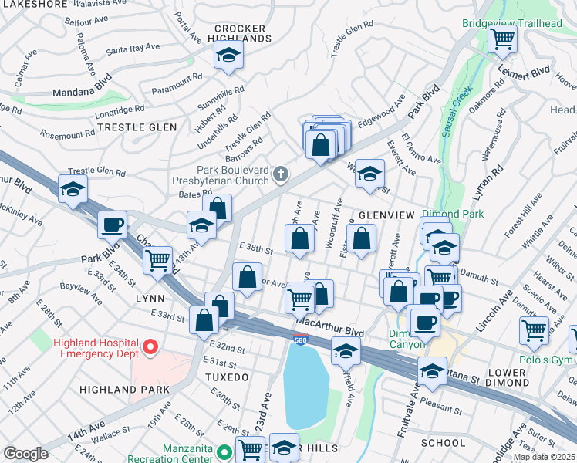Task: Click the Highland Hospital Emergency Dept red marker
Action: click(151, 348)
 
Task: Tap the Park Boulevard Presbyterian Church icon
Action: click(281, 174)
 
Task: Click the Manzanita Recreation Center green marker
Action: click(224, 453)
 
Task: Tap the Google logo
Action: click(25, 454)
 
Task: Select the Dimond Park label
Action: click(453, 214)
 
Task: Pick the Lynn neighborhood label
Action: click(150, 297)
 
